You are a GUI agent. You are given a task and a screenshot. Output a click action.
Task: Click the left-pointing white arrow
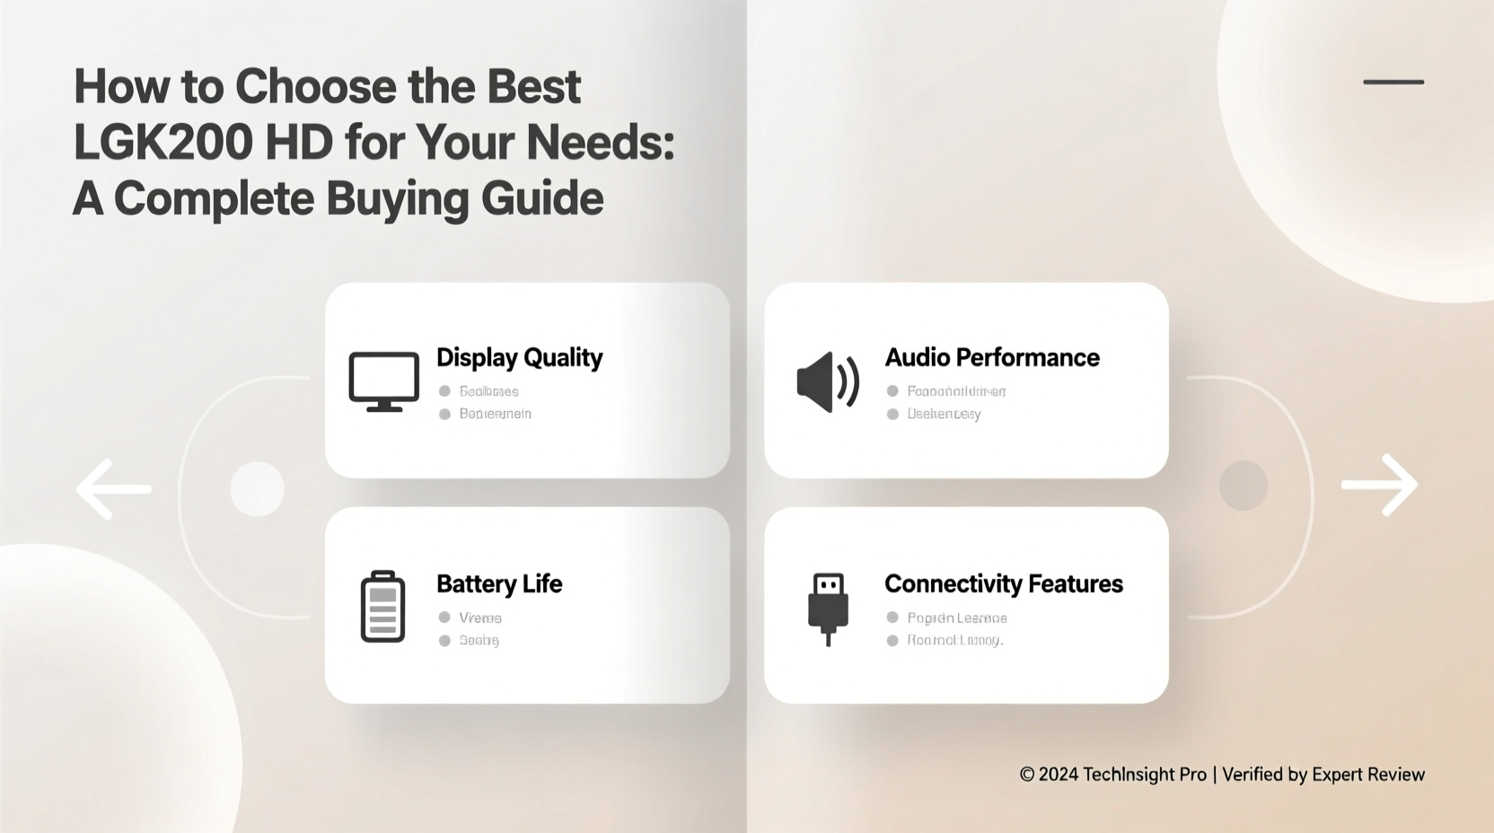113,489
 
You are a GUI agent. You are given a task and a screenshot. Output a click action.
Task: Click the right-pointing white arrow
1380,485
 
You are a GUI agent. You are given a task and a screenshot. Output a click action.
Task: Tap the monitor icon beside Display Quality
383,381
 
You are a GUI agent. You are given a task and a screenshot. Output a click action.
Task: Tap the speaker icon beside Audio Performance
827,381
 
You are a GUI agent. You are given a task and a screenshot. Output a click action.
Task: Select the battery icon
382,607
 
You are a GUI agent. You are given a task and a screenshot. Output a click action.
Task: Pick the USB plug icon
828,608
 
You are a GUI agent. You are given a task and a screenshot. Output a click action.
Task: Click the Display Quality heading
519,357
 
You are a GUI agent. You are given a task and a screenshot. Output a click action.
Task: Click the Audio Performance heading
992,357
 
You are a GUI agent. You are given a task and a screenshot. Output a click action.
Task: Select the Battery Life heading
499,583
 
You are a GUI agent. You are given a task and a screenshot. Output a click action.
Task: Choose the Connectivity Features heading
1003,583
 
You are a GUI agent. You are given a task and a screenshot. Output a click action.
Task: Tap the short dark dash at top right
1393,82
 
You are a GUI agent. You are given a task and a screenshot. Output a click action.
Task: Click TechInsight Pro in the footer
1145,775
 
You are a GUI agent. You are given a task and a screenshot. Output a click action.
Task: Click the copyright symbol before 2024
1027,775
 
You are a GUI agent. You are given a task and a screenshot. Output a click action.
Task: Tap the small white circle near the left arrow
257,489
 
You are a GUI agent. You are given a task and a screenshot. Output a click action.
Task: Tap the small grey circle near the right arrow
1244,486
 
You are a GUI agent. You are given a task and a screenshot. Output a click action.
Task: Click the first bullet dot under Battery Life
444,618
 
